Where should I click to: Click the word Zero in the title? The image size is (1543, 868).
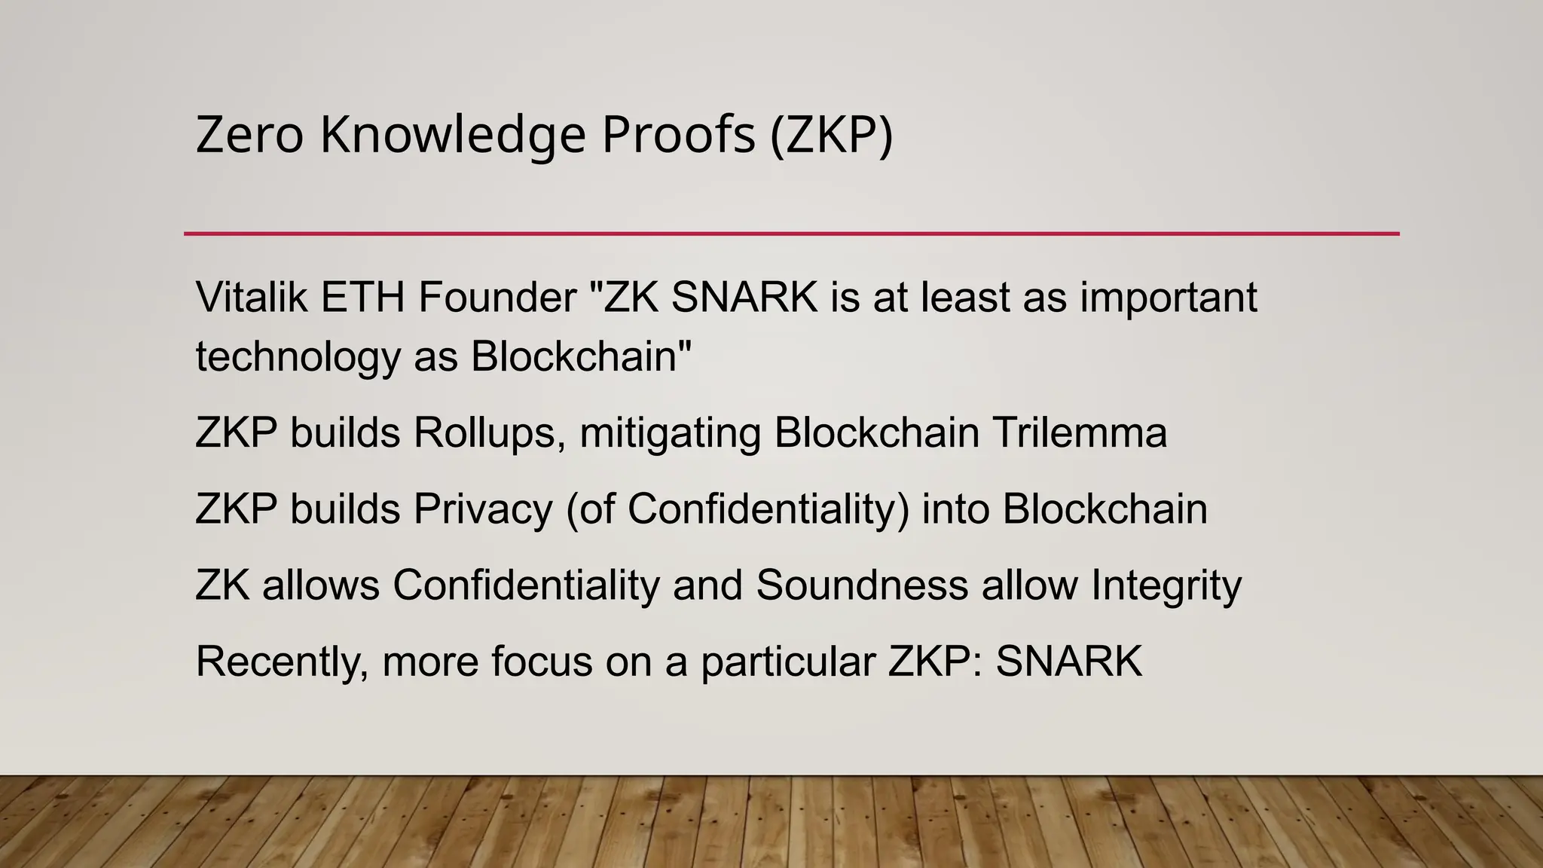click(249, 135)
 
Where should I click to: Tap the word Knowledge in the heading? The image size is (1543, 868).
click(453, 135)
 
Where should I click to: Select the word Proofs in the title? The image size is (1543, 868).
click(678, 135)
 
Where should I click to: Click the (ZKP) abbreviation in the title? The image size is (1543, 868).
click(831, 135)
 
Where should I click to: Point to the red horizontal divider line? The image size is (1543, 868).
click(791, 234)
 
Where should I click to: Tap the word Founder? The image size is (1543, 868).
click(497, 297)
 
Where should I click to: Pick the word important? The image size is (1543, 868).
click(1169, 297)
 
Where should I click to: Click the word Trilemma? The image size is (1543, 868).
click(1080, 433)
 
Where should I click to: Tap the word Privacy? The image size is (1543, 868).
click(483, 509)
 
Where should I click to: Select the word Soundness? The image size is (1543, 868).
click(862, 585)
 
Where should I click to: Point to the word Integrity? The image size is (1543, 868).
click(1166, 585)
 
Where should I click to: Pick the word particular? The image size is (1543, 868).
click(788, 662)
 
